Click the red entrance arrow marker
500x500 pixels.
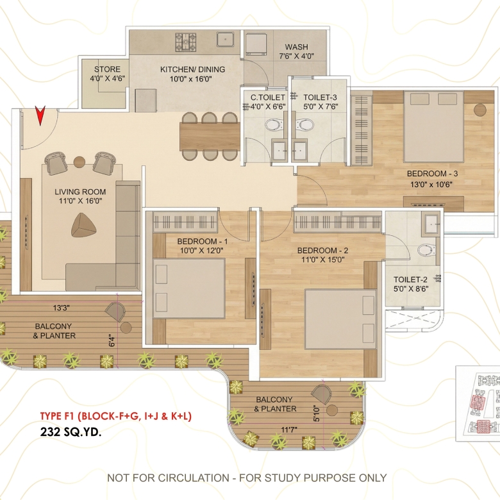(40, 115)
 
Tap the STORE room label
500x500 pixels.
(107, 69)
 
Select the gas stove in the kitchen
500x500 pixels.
(185, 42)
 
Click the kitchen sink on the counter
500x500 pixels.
(226, 40)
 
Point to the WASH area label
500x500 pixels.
(297, 47)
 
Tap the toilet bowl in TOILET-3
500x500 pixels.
(304, 125)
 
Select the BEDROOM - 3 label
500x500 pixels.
(433, 174)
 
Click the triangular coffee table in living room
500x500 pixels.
(83, 225)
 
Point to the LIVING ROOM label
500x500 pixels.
(80, 192)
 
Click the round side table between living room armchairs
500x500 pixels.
(79, 162)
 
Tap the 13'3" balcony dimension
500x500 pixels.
(62, 308)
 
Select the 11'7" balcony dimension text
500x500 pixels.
(289, 429)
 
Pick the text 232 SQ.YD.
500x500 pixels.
(71, 432)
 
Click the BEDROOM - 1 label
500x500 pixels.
(203, 242)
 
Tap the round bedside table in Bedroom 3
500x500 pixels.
(480, 110)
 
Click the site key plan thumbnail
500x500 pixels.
(478, 403)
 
